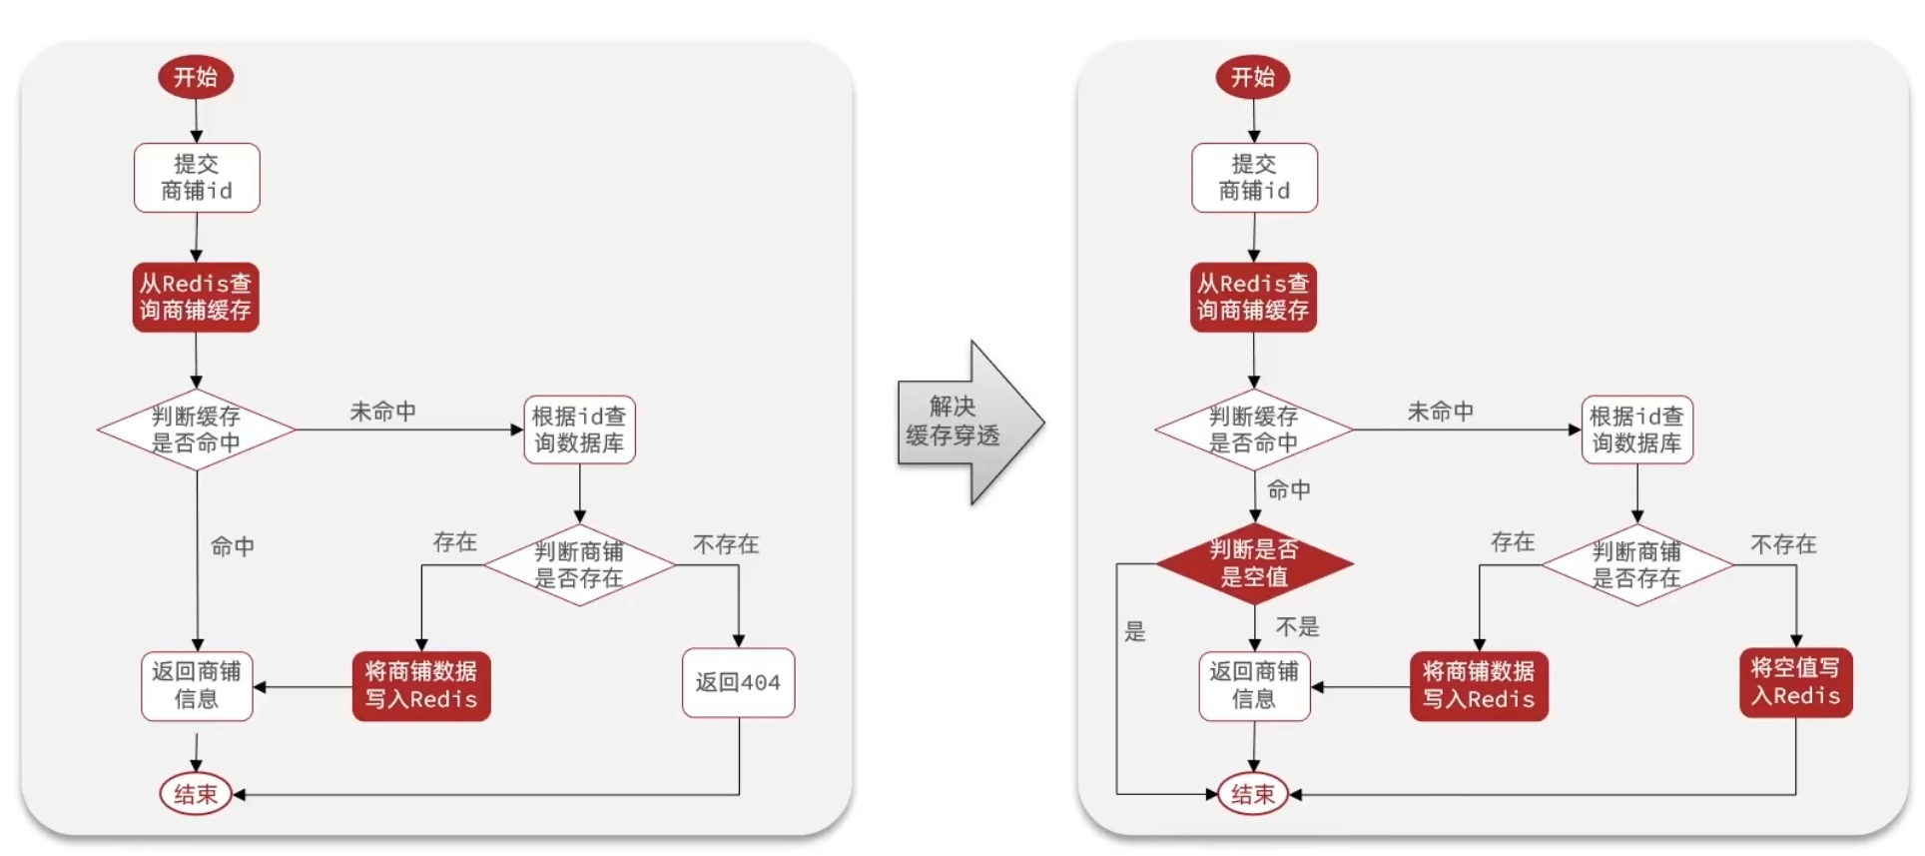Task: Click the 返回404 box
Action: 738,683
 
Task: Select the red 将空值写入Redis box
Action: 1795,682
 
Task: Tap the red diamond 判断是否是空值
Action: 1254,563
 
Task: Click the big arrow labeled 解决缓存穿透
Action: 963,423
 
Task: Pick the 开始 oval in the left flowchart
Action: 196,77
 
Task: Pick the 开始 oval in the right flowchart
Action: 1253,77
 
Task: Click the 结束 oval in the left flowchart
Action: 196,794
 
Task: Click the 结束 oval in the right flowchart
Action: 1253,794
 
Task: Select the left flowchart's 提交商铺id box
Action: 197,178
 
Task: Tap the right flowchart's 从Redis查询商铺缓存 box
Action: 1253,298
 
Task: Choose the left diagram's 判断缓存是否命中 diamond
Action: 197,429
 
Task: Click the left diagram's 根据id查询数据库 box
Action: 579,429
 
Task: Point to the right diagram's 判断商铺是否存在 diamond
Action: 1636,564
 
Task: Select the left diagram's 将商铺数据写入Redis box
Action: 420,685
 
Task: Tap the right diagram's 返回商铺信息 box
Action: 1254,685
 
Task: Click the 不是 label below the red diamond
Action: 1297,627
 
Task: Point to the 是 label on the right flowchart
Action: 1135,631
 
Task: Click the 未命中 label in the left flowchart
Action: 382,412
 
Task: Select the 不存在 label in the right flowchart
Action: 1783,544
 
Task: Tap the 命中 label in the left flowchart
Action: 233,546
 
